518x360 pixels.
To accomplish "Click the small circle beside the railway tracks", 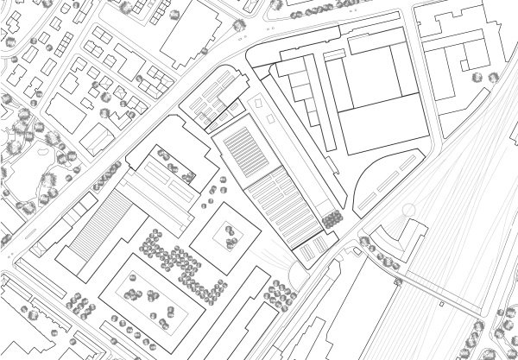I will (408, 210).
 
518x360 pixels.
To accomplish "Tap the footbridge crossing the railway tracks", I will (440, 290).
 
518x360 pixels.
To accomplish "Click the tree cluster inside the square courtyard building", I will (230, 234).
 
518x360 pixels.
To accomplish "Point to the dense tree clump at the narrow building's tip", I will (330, 220).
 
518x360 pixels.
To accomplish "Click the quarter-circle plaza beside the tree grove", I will (297, 275).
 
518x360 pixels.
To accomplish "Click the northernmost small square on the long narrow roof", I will (257, 101).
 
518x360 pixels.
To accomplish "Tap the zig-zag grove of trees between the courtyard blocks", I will (177, 259).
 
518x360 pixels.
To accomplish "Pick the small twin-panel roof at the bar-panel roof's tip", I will (313, 249).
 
